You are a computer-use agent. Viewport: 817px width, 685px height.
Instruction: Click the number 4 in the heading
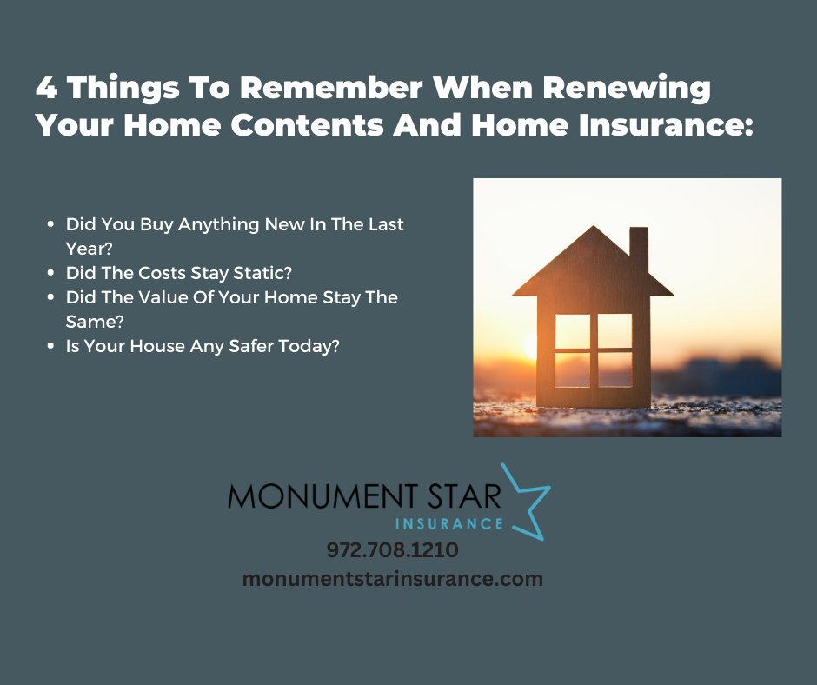coord(47,89)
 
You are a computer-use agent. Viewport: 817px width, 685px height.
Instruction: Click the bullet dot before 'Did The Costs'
coord(52,274)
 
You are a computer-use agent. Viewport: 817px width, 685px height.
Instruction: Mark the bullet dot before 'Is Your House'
coord(52,347)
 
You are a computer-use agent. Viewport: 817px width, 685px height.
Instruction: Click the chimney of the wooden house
coord(639,248)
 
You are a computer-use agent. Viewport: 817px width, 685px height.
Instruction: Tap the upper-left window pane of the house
coord(572,330)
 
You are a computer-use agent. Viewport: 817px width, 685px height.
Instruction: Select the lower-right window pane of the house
coord(614,369)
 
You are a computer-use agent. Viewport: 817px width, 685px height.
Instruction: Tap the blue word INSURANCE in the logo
coord(448,523)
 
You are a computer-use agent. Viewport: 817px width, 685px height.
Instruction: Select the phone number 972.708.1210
coord(393,550)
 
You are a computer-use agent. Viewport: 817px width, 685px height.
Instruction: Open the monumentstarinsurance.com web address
coord(393,579)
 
